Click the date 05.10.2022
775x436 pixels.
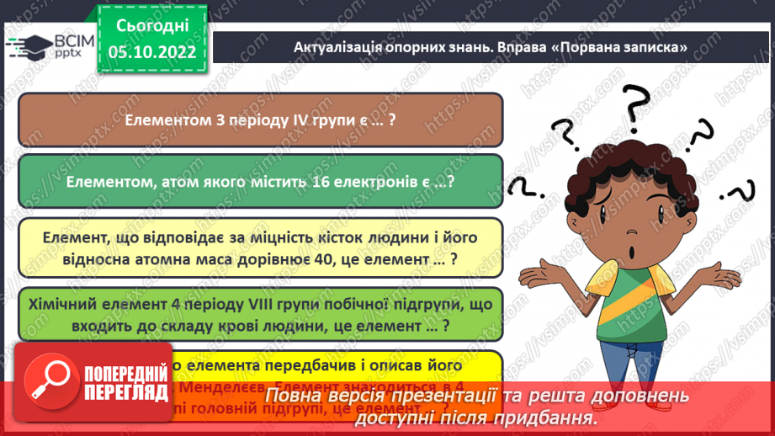(x=151, y=52)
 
